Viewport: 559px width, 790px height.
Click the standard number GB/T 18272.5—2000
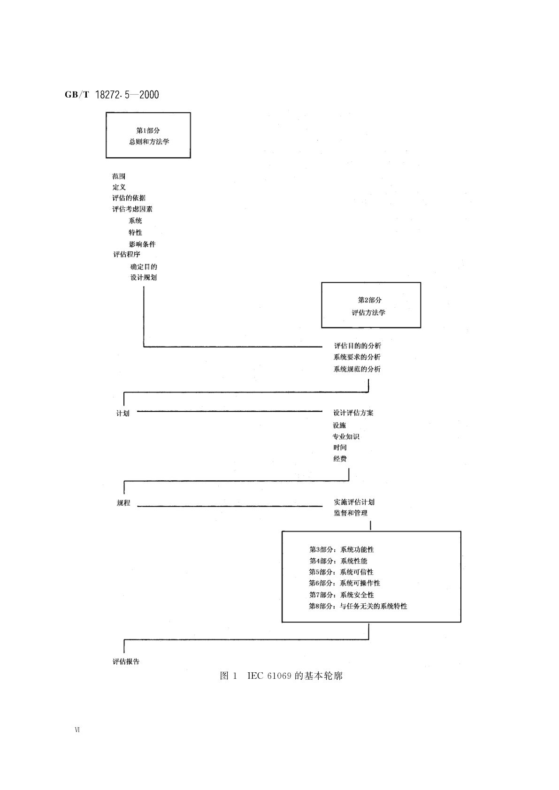pos(112,95)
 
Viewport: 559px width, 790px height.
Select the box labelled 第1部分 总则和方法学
pos(148,135)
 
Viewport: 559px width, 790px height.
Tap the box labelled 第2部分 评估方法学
pos(371,305)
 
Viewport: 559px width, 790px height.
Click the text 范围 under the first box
pos(119,176)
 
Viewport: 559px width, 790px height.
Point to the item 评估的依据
pos(129,198)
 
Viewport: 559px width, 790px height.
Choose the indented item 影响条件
pos(142,244)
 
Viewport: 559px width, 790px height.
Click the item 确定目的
pos(144,266)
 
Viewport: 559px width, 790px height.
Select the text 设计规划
pos(144,277)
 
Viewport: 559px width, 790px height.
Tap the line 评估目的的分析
pos(357,346)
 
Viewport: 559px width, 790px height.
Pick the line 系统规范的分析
pos(357,369)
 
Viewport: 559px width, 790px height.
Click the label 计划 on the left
pos(123,413)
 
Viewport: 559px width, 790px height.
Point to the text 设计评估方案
pos(353,413)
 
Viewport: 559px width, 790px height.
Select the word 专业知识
pos(346,436)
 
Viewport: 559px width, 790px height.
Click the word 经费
pos(340,459)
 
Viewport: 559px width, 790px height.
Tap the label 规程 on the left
pos(123,503)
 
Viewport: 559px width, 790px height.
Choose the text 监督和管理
pos(351,513)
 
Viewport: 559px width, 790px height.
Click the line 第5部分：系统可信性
pos(341,572)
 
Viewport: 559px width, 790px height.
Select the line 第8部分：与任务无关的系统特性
pos(358,606)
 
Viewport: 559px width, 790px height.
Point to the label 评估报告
pos(126,661)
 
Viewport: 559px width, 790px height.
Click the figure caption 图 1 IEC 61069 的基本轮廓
pos(281,676)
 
